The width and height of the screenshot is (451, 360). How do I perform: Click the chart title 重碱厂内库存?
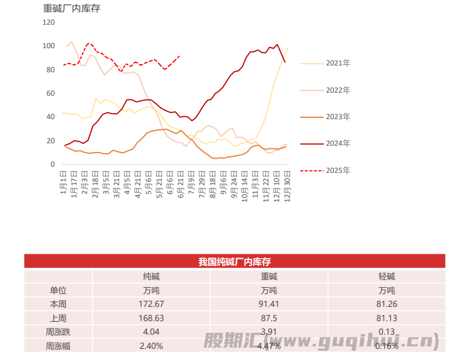(x=72, y=9)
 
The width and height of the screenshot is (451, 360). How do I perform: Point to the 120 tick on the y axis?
(x=49, y=22)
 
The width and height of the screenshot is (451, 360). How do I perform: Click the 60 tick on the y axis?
(x=51, y=93)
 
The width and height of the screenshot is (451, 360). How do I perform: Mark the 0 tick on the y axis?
(x=52, y=164)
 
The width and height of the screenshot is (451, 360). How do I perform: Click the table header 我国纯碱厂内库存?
(x=234, y=262)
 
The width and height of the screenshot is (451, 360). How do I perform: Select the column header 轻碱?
(x=387, y=277)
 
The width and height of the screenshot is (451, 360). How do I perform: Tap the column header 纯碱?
(x=152, y=277)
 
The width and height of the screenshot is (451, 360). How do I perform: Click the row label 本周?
(x=58, y=304)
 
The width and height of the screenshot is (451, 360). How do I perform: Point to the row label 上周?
(x=58, y=318)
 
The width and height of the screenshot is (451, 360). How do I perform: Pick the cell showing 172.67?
(x=152, y=304)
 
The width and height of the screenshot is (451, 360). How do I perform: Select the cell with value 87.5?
(x=269, y=318)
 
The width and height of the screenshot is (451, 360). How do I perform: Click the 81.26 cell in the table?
(x=387, y=304)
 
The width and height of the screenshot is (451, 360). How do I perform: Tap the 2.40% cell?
(x=152, y=346)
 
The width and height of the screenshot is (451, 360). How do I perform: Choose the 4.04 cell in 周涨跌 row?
(x=152, y=332)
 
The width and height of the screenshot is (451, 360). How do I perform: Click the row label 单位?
(x=58, y=290)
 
